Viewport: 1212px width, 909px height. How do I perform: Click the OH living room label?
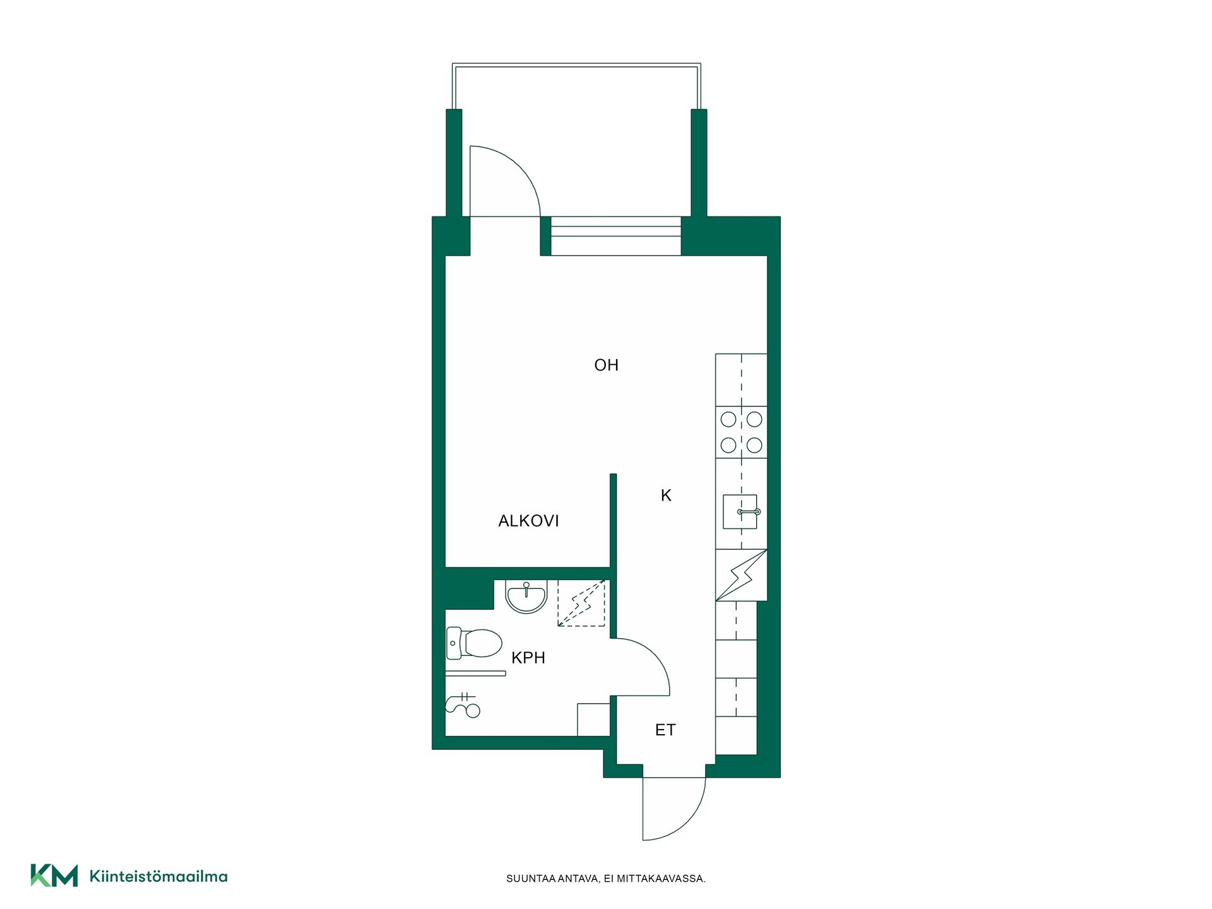pos(606,365)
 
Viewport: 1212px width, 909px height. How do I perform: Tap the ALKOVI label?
pos(528,521)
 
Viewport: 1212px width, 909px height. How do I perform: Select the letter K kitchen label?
pos(666,496)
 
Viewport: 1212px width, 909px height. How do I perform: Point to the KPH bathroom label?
pos(528,658)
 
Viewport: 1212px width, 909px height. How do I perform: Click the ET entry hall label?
pos(665,730)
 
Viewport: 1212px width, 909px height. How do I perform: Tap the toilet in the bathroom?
pos(474,643)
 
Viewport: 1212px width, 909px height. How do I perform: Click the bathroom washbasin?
pos(526,597)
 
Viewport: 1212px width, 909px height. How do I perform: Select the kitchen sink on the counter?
pos(741,511)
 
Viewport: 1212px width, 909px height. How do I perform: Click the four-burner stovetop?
pos(741,432)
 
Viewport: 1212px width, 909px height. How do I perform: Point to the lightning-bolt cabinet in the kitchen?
pos(741,575)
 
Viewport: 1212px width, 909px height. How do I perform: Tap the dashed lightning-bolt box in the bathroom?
pos(581,603)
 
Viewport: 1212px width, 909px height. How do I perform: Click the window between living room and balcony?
pos(616,236)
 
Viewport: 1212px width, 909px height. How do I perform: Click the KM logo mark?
pos(54,876)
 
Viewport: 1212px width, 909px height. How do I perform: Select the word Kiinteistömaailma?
pos(158,876)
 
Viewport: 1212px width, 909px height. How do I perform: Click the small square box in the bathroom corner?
pos(593,720)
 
